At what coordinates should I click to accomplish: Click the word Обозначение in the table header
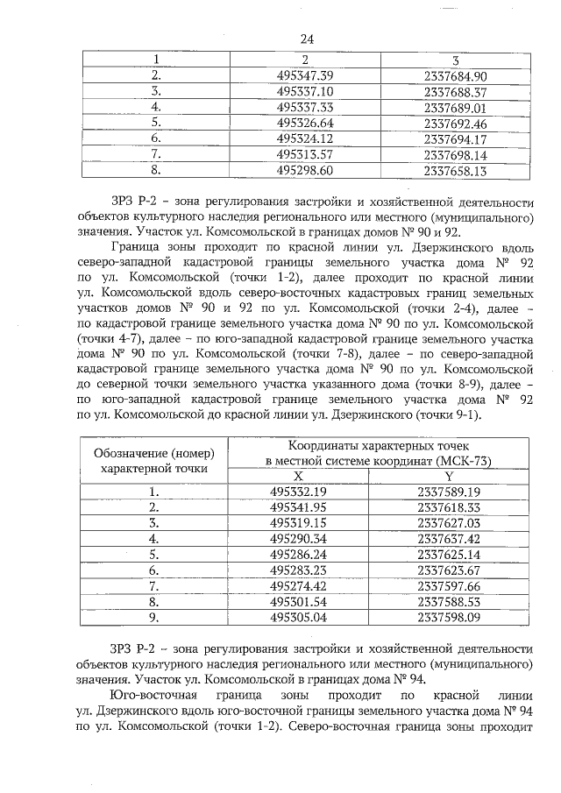131,453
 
